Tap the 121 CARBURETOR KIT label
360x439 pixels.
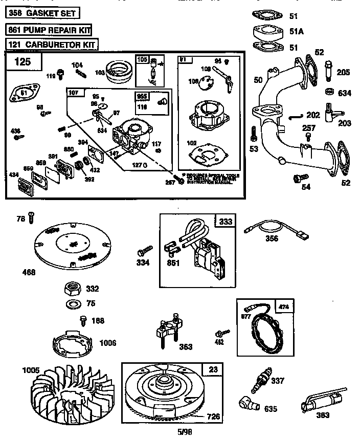point(52,45)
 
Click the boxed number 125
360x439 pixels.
point(22,63)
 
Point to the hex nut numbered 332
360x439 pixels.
point(71,289)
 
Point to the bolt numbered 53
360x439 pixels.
point(253,134)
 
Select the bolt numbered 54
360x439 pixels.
point(295,178)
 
